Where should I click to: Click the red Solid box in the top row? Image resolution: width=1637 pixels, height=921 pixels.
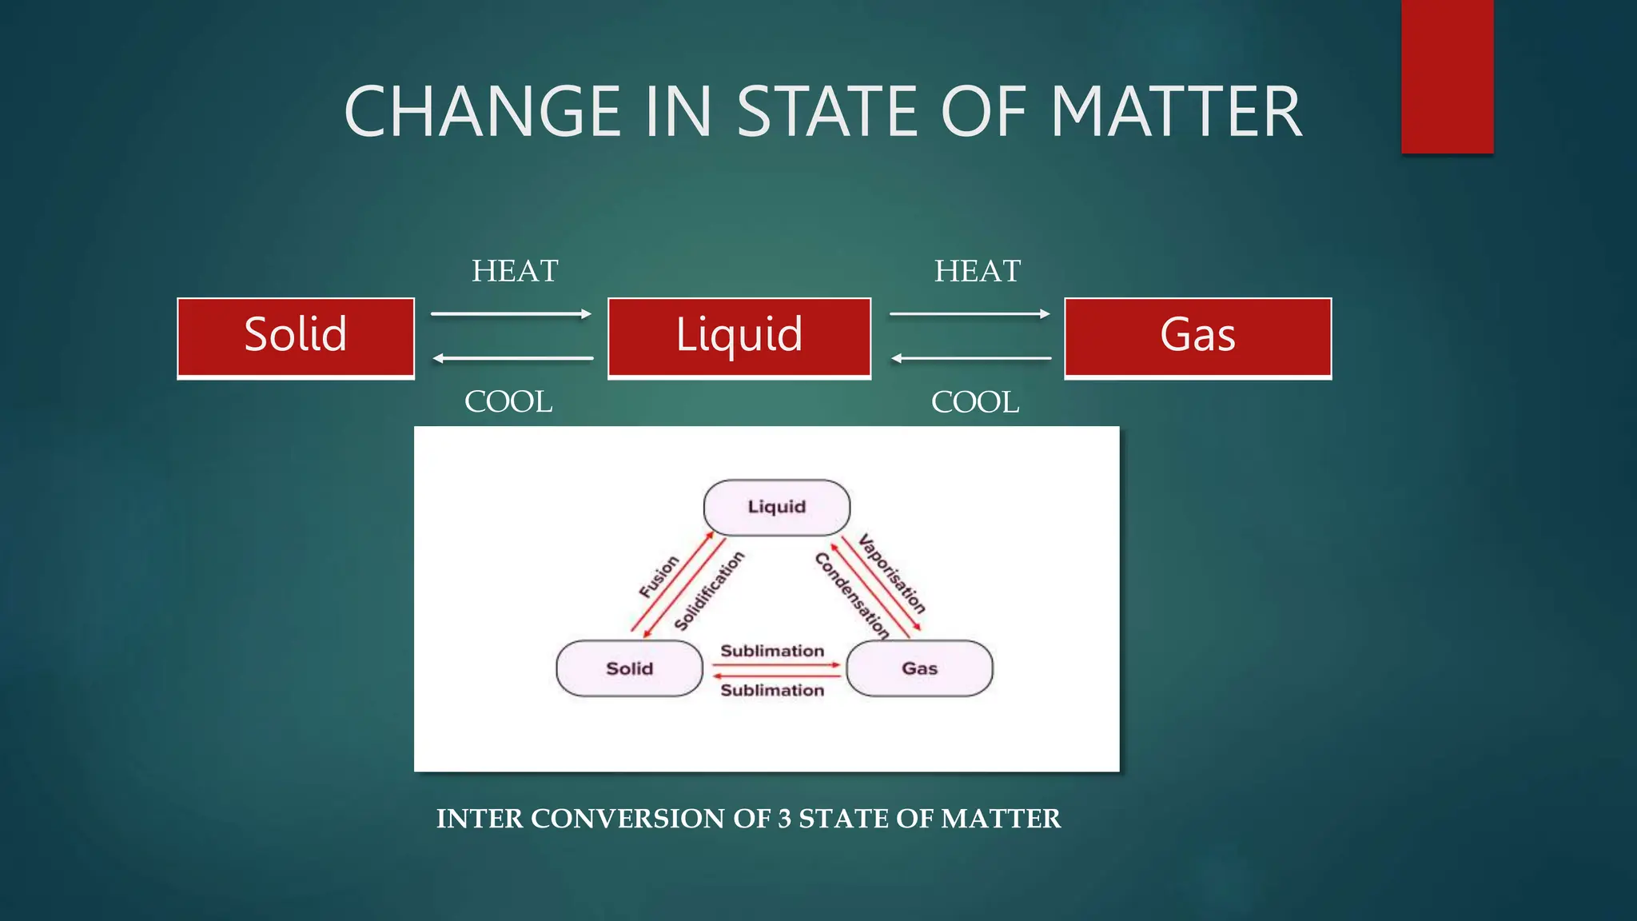click(296, 337)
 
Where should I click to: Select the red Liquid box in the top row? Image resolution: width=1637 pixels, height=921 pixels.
click(739, 337)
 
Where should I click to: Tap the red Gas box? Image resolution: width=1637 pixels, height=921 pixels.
click(1197, 337)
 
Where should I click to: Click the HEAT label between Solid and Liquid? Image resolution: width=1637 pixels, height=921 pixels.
click(515, 271)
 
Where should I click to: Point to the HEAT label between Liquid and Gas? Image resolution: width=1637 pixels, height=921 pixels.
click(978, 271)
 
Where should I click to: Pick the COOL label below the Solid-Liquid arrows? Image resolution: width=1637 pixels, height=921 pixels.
click(508, 402)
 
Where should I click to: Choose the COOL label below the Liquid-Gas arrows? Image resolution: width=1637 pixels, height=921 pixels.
click(975, 402)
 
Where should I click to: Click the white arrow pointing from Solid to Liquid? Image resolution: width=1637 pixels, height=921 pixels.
click(512, 314)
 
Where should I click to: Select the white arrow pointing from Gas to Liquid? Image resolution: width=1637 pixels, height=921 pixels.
click(970, 358)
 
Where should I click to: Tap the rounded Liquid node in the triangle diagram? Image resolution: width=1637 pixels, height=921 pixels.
click(776, 508)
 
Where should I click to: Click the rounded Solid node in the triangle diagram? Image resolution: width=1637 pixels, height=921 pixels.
click(629, 668)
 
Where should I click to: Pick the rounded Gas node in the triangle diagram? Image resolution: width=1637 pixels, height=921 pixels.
click(919, 668)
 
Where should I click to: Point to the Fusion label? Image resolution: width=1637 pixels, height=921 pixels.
click(659, 576)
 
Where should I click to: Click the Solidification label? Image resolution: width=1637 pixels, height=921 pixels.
click(709, 591)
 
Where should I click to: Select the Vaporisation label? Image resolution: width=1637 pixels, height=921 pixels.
click(892, 574)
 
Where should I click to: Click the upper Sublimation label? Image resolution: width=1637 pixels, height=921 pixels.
click(772, 651)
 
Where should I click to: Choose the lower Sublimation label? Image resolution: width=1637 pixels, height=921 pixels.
click(772, 690)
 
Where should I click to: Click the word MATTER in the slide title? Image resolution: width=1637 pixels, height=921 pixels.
click(1177, 112)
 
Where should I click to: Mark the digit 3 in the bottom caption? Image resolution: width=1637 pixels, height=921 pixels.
click(785, 819)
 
